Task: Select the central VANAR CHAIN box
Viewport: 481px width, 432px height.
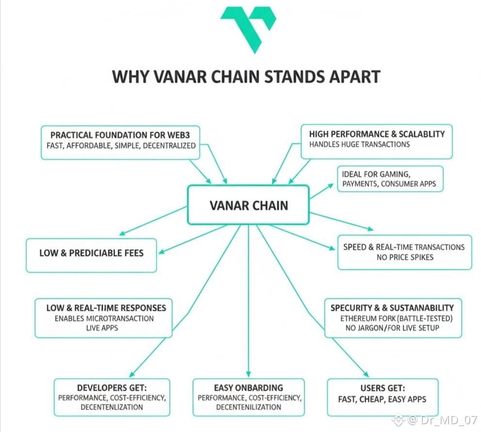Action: coord(248,205)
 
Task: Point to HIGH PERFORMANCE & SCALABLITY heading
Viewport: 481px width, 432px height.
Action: coord(377,133)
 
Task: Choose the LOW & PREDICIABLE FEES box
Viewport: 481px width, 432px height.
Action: coord(92,252)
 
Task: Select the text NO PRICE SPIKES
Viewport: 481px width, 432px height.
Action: coord(405,257)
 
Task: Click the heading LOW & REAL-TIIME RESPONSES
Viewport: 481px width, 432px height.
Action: coord(106,308)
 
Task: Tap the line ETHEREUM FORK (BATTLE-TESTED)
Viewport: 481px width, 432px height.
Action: coord(396,318)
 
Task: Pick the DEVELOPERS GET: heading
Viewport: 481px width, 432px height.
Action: coord(112,388)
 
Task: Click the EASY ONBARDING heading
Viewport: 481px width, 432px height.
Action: coord(248,388)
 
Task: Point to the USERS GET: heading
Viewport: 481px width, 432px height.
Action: coord(383,388)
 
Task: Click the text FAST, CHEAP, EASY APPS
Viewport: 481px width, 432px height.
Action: coord(383,399)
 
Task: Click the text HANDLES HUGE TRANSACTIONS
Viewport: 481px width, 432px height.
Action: coord(359,144)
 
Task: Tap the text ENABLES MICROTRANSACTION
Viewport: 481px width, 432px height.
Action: coord(104,318)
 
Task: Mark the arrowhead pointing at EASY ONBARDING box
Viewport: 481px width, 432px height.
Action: coord(248,374)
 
